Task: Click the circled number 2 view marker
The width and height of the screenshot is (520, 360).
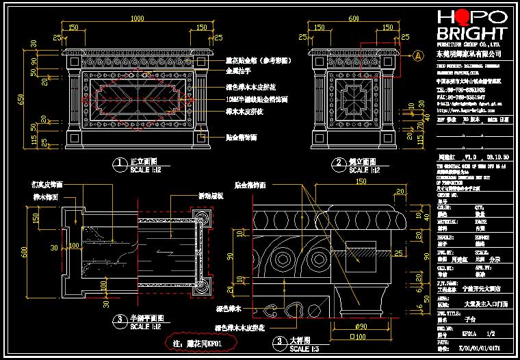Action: pos(337,163)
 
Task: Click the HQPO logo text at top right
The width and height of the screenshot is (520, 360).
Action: pos(471,16)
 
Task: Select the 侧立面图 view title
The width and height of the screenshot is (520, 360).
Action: pos(361,162)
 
